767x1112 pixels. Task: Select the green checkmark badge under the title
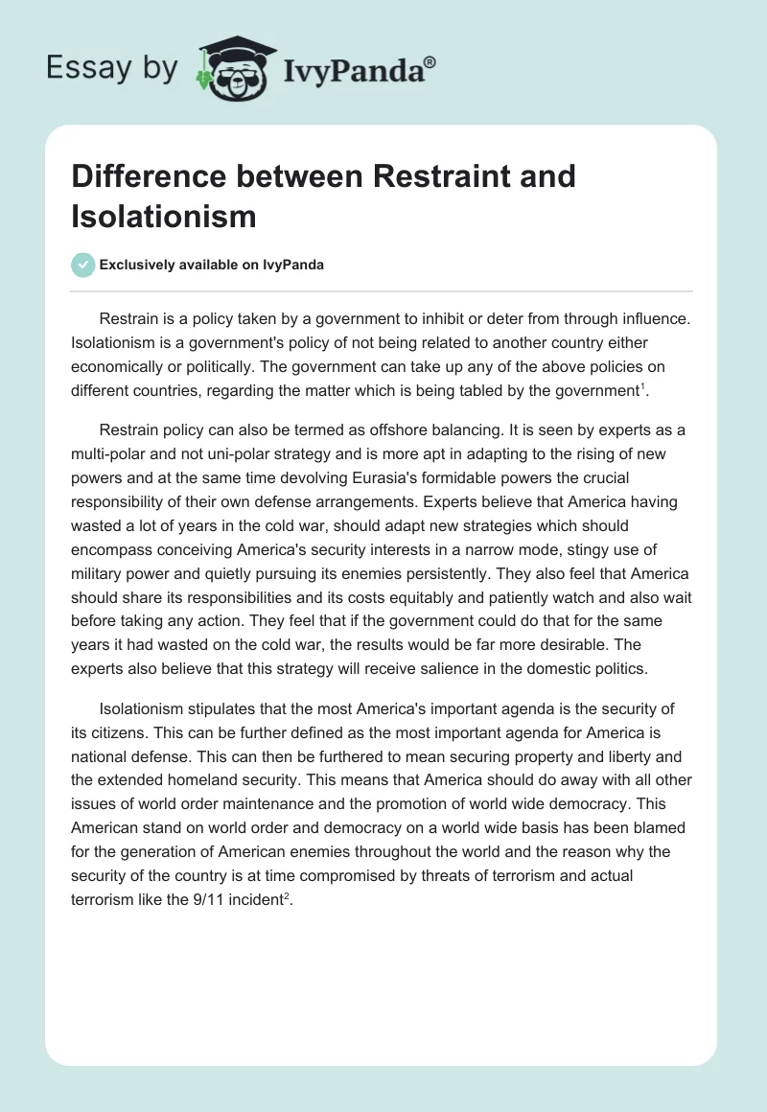click(84, 265)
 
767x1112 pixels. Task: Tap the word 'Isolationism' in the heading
click(164, 216)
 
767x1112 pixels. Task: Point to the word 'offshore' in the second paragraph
click(445, 429)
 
